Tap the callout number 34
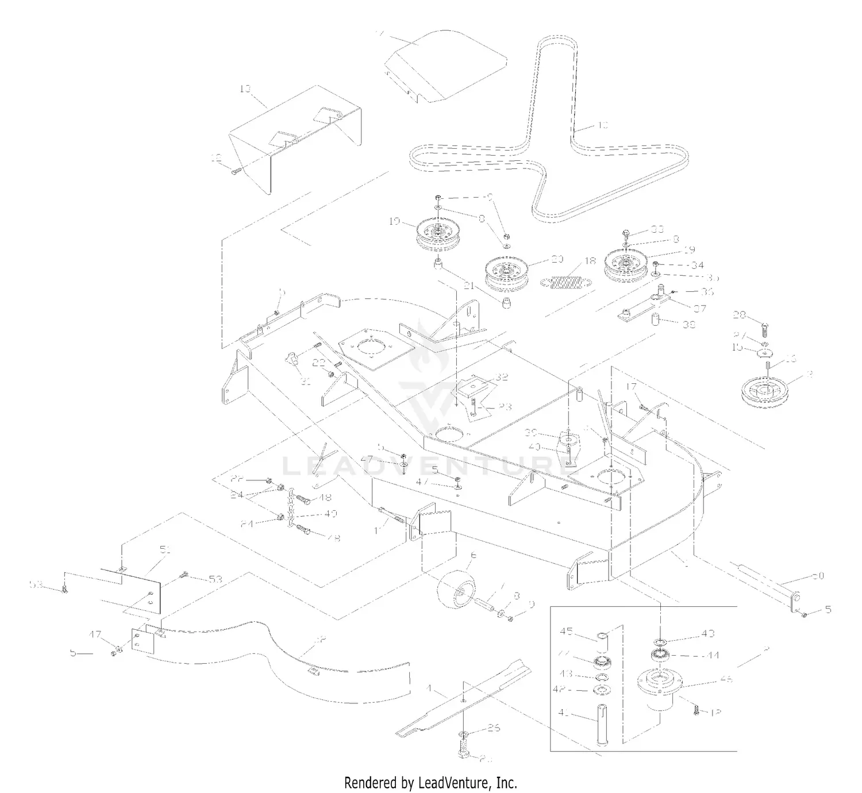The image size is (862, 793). [697, 265]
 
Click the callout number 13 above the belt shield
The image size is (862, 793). [245, 88]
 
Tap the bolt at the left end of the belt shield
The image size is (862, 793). [234, 170]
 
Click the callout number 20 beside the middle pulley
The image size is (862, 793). [557, 259]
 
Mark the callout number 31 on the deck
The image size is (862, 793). [306, 381]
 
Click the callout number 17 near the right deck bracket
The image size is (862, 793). [631, 387]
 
